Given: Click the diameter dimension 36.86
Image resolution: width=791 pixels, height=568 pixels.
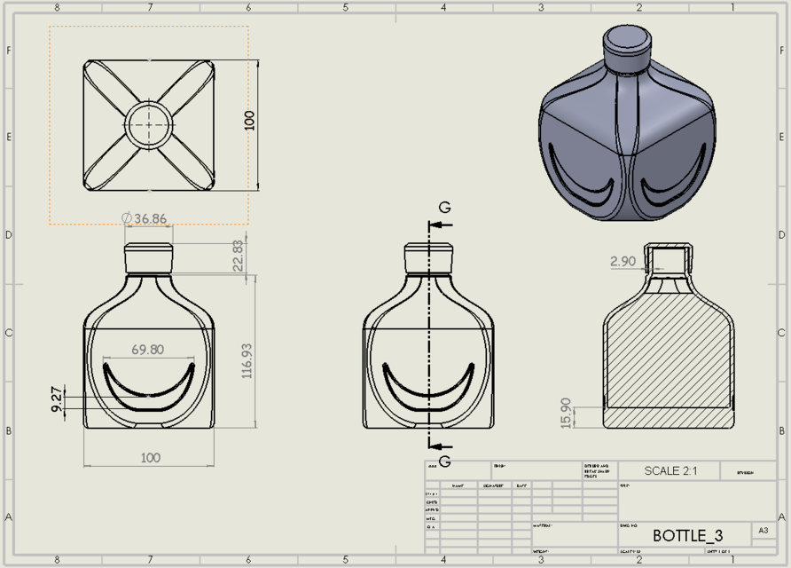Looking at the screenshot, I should pyautogui.click(x=144, y=217).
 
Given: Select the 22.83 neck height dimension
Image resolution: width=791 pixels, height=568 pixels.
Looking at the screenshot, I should pyautogui.click(x=238, y=257).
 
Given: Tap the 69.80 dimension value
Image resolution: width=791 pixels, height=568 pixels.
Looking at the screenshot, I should pyautogui.click(x=147, y=350).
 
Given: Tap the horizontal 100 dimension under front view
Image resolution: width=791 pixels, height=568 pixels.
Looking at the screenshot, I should pyautogui.click(x=150, y=457).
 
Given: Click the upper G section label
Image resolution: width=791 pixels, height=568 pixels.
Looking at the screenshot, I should pyautogui.click(x=444, y=208).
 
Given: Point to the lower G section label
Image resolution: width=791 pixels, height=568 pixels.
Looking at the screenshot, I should pyautogui.click(x=444, y=461).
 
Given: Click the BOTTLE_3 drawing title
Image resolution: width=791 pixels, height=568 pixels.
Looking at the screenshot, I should pyautogui.click(x=687, y=535).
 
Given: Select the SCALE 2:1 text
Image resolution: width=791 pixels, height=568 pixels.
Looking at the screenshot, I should pyautogui.click(x=670, y=470).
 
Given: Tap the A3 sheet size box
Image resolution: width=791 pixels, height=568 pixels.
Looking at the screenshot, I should pyautogui.click(x=762, y=531).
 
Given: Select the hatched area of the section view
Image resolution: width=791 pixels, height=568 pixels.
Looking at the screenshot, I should pyautogui.click(x=670, y=355).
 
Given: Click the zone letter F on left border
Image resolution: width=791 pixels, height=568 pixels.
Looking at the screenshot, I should pyautogui.click(x=9, y=51).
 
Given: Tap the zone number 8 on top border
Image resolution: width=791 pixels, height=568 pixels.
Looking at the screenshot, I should pyautogui.click(x=58, y=7).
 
